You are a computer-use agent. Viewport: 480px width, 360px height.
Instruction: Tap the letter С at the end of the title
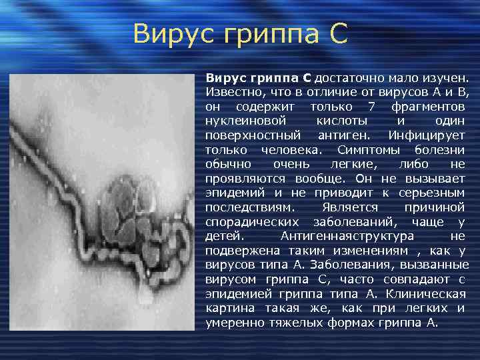[x=338, y=34]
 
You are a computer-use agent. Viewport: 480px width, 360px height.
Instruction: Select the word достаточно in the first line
[x=353, y=78]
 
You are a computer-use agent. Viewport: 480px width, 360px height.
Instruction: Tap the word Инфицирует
[x=428, y=135]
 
